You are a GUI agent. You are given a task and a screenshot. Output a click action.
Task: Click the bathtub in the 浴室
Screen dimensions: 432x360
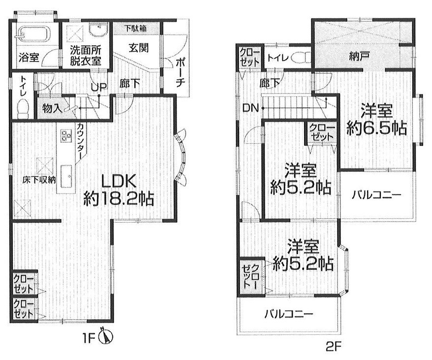[x=34, y=34]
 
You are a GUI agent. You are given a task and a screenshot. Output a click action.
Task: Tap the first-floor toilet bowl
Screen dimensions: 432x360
[x=23, y=109]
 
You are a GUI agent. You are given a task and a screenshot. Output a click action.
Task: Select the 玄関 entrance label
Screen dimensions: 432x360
[x=138, y=48]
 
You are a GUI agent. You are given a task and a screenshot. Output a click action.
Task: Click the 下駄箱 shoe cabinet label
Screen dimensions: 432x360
[x=135, y=28]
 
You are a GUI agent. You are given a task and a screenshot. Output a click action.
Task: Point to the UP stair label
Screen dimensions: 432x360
[x=99, y=88]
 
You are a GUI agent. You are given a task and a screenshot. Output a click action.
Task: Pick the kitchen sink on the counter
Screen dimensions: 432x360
[x=66, y=176]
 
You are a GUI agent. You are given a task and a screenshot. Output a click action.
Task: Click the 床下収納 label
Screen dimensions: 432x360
[x=39, y=180]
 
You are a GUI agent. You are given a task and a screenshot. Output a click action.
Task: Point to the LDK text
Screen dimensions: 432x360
[x=119, y=182]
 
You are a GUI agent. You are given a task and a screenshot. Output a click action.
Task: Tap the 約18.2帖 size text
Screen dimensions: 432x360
[x=119, y=199]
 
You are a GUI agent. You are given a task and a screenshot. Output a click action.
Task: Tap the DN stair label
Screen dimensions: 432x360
[x=250, y=108]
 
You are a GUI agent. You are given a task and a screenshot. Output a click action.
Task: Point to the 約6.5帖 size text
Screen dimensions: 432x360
[x=376, y=128]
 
